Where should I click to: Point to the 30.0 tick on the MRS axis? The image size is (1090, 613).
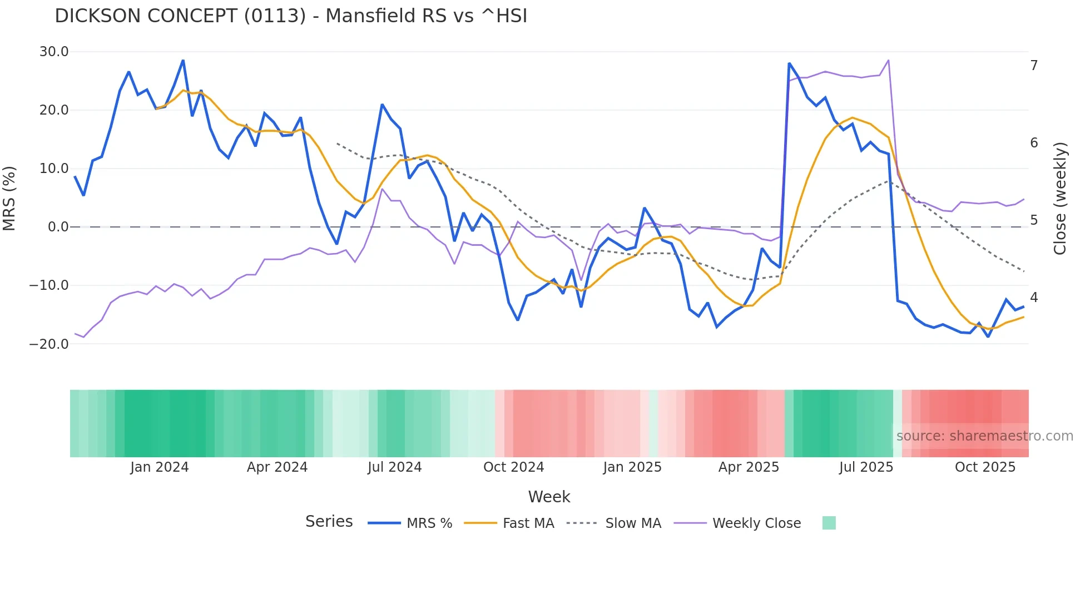pyautogui.click(x=54, y=52)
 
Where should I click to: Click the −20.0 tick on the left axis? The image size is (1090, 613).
pyautogui.click(x=49, y=344)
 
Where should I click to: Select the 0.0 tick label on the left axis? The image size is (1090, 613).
pyautogui.click(x=58, y=227)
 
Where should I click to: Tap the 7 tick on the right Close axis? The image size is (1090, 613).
pyautogui.click(x=1034, y=66)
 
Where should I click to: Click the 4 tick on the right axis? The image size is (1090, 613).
pyautogui.click(x=1034, y=298)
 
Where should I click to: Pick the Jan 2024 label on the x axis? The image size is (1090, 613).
pyautogui.click(x=160, y=467)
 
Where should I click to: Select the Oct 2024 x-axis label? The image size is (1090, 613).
pyautogui.click(x=513, y=467)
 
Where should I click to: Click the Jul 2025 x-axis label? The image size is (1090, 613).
pyautogui.click(x=866, y=467)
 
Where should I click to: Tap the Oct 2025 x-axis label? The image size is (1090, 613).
pyautogui.click(x=985, y=467)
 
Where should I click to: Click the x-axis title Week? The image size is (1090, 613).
pyautogui.click(x=549, y=497)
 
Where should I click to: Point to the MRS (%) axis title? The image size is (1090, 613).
pyautogui.click(x=9, y=198)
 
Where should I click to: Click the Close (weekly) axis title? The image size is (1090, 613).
pyautogui.click(x=1060, y=199)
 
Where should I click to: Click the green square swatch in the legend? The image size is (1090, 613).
pyautogui.click(x=829, y=523)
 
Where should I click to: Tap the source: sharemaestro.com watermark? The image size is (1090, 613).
pyautogui.click(x=984, y=436)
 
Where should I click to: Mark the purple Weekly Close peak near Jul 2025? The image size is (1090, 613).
pyautogui.click(x=888, y=60)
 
